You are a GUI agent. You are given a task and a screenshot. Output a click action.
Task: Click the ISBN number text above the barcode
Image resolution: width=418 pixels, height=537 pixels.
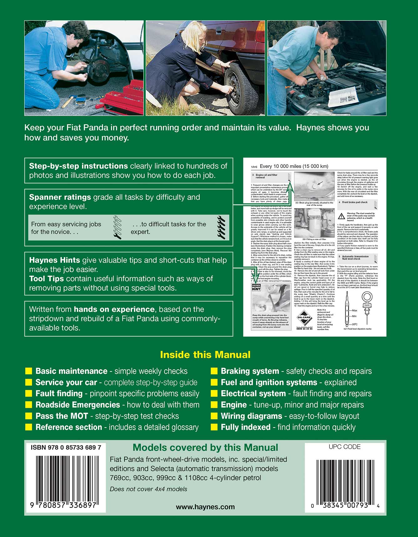[66, 448]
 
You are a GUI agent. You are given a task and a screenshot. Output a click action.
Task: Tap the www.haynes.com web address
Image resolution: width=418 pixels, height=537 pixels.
[205, 507]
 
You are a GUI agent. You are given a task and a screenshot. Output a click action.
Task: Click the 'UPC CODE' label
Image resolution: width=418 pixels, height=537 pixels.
[344, 447]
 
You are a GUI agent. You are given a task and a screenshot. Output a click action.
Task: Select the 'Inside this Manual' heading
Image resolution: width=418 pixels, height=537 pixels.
[205, 355]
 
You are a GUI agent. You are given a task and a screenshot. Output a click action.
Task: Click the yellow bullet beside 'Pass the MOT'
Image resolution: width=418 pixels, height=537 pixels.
[29, 416]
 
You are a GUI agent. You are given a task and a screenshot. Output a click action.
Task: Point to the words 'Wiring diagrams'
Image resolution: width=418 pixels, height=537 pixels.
[251, 416]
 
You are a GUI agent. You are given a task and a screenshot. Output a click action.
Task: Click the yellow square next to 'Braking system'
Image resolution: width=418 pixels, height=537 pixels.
[214, 371]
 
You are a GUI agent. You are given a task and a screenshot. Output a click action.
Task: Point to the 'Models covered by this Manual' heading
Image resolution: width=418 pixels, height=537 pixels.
[205, 448]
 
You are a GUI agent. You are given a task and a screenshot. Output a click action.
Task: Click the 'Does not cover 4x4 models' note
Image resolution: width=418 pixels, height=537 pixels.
[148, 489]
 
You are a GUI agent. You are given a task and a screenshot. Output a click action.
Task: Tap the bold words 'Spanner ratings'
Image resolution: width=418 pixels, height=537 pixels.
[60, 197]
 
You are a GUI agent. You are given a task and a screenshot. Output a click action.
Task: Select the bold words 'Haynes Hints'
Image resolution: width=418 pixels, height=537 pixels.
[54, 260]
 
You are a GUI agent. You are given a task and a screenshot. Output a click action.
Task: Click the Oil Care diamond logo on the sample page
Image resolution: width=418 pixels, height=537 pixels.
[304, 317]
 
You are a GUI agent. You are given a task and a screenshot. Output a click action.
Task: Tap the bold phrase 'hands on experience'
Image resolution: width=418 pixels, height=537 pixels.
[114, 309]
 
